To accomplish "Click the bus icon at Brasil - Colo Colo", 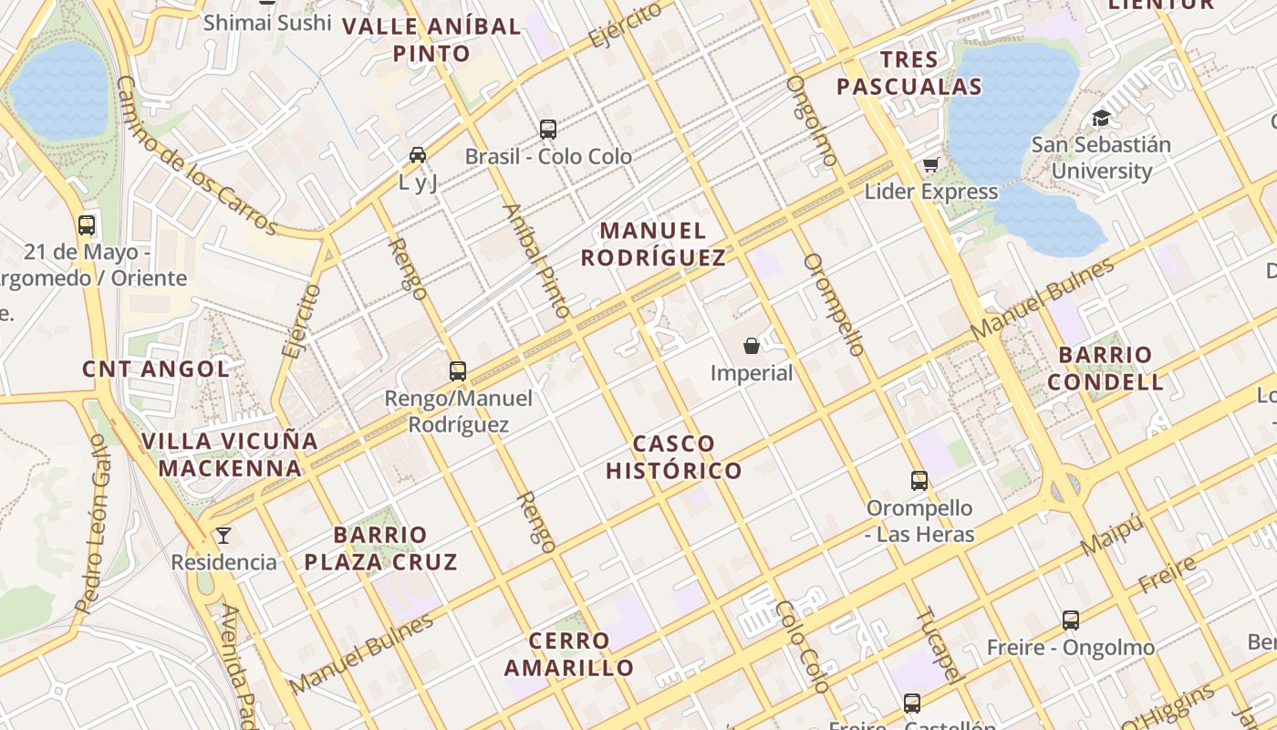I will [547, 130].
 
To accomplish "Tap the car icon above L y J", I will [418, 155].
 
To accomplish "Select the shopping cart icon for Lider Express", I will [930, 164].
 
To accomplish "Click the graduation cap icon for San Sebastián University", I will [1101, 118].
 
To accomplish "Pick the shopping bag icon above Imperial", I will [752, 346].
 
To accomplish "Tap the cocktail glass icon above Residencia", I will [223, 535].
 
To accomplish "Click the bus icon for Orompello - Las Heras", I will [919, 480].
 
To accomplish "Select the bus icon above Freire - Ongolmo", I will [1071, 620].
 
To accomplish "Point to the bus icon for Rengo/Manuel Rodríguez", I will [458, 370].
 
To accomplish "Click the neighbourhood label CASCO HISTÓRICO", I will [674, 457].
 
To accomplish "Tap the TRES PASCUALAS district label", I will [909, 74].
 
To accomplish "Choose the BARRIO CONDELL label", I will [1106, 368].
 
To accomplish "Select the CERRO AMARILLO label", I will [569, 654].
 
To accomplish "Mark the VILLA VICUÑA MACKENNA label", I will [230, 454].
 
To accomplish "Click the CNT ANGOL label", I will [156, 369].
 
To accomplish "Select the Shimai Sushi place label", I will [266, 22].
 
